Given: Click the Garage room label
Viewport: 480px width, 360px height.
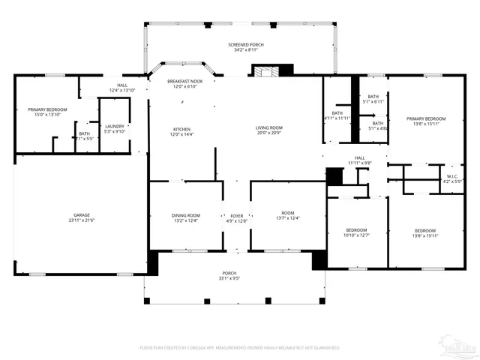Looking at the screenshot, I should [81, 217].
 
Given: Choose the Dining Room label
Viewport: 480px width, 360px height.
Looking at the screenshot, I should [186, 217].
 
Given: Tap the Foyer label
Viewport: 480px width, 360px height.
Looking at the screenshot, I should [236, 217].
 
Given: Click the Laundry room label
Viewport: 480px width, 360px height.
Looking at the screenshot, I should [115, 129].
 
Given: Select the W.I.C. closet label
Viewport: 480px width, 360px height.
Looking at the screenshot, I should [453, 178].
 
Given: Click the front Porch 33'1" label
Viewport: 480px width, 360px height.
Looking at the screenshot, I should [229, 275].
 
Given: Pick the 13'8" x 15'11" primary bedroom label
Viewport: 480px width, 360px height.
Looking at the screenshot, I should [426, 121].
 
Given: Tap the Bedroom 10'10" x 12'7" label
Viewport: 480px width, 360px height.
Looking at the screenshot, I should [356, 232].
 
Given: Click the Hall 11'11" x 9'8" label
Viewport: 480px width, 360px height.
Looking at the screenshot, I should [359, 160].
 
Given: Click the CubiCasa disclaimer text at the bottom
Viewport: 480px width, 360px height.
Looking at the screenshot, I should [240, 347].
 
